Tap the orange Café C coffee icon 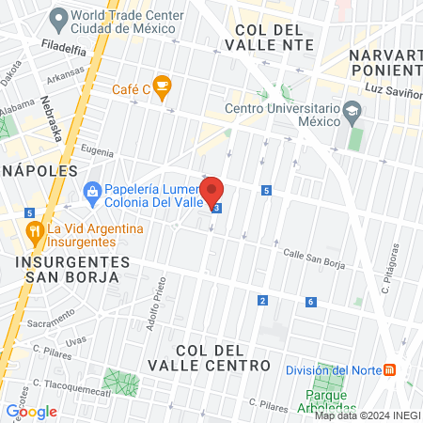click(162, 88)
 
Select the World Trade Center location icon click(59, 17)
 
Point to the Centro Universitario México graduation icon click(352, 111)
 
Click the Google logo click(31, 411)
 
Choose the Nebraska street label click(52, 118)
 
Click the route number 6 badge click(310, 302)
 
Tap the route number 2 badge click(262, 301)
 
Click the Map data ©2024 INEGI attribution click(367, 415)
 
